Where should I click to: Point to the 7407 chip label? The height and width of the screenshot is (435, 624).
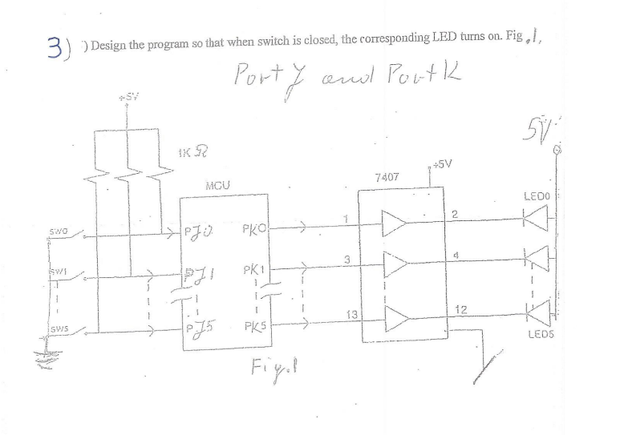point(387,175)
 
